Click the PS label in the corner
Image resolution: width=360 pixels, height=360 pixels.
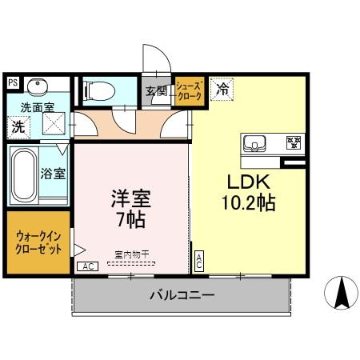(x=12, y=82)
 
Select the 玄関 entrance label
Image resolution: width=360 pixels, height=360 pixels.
(x=156, y=90)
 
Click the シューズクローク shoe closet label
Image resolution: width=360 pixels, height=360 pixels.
(x=190, y=90)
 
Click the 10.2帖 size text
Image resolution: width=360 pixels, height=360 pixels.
(x=248, y=202)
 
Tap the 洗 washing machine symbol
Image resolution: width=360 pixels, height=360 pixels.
(x=18, y=125)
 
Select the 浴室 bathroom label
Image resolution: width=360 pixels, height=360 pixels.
(x=54, y=172)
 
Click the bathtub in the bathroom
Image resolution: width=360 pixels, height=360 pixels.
(x=26, y=174)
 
